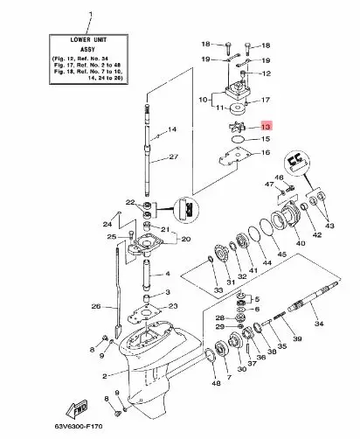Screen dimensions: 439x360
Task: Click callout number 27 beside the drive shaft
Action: click(x=172, y=157)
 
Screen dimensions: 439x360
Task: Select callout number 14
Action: click(x=172, y=130)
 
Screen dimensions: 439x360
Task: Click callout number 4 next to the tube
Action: click(x=167, y=273)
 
